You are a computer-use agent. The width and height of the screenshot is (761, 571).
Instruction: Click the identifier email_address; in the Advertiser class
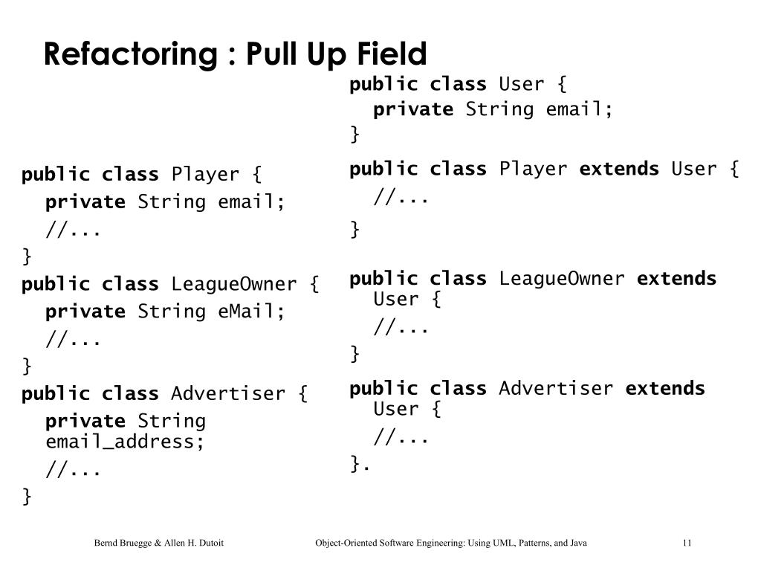[126, 442]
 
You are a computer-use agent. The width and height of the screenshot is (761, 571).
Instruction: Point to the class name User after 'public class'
[522, 85]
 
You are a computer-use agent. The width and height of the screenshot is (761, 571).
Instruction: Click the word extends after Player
[619, 170]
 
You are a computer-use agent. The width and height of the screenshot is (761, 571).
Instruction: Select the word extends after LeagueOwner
[677, 279]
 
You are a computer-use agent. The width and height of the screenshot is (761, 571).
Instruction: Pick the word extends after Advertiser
[665, 388]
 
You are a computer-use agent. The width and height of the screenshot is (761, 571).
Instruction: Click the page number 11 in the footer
[687, 543]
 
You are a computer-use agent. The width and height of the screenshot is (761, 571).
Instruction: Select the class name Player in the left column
[205, 175]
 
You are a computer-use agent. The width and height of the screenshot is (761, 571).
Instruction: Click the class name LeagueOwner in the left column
[233, 285]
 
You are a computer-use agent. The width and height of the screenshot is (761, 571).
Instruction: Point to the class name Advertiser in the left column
[228, 394]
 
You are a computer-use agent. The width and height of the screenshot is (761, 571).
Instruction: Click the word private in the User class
[412, 110]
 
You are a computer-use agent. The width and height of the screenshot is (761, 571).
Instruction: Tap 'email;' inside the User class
[580, 110]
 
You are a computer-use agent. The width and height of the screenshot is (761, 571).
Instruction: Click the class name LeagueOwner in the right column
[562, 279]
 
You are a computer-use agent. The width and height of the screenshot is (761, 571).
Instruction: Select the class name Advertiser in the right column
[556, 388]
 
